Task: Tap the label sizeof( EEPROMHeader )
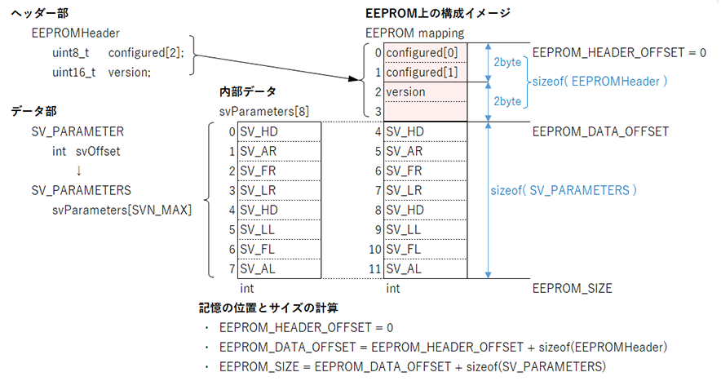599,82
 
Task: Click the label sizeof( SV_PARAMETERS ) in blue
563,190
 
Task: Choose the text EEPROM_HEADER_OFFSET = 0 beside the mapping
618,52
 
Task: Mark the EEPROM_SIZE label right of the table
572,288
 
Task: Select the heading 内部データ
248,91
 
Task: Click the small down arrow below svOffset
78,171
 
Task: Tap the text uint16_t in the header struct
71,72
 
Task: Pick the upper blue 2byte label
507,62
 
